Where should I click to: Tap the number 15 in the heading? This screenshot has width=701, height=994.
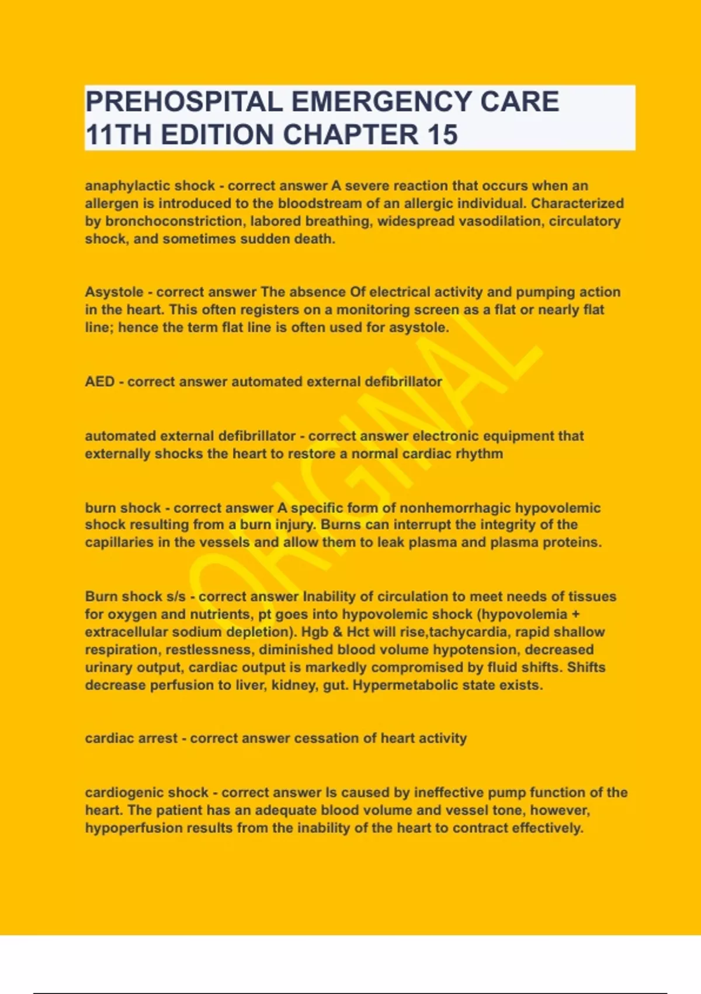tap(442, 134)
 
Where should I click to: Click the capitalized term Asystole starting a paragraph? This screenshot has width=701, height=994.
tap(114, 292)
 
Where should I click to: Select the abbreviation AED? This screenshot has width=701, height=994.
tap(99, 382)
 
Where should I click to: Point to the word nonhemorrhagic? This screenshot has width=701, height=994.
tap(454, 508)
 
